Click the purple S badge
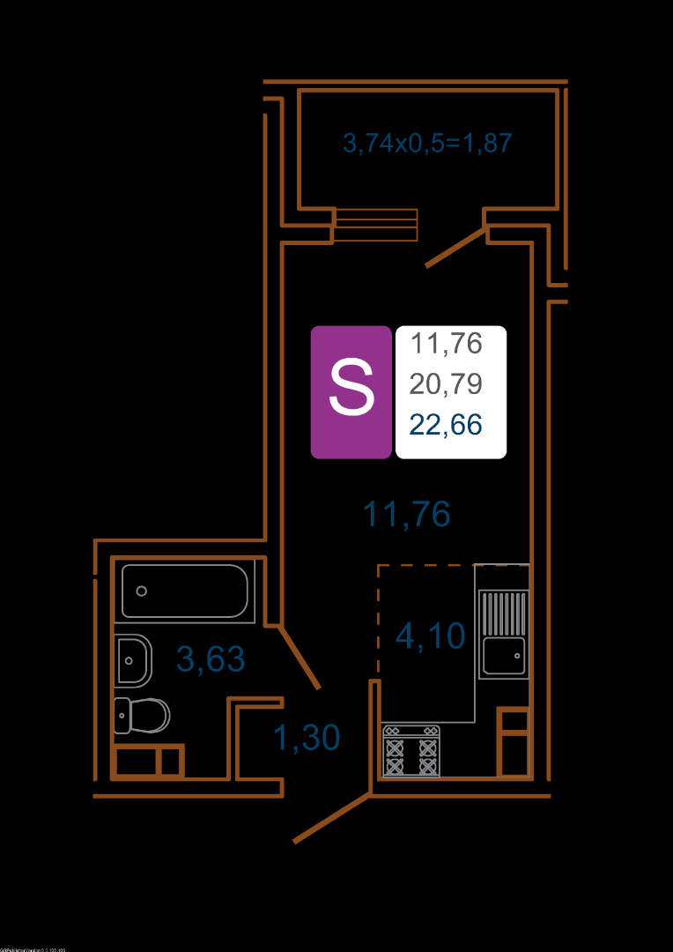point(351,391)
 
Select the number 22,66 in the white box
point(446,425)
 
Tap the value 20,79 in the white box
point(446,383)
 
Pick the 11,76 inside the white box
point(447,343)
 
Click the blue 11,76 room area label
point(407,514)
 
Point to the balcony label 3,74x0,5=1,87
point(427,143)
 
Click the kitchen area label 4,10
point(430,635)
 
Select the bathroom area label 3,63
point(211,658)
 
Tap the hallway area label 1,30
point(306,738)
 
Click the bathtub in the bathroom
point(185,591)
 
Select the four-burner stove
point(410,751)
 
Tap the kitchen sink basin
point(504,655)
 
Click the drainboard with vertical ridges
point(504,612)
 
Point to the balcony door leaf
point(456,247)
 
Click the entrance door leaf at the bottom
point(331,817)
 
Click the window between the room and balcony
point(375,225)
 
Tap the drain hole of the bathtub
point(141,591)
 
